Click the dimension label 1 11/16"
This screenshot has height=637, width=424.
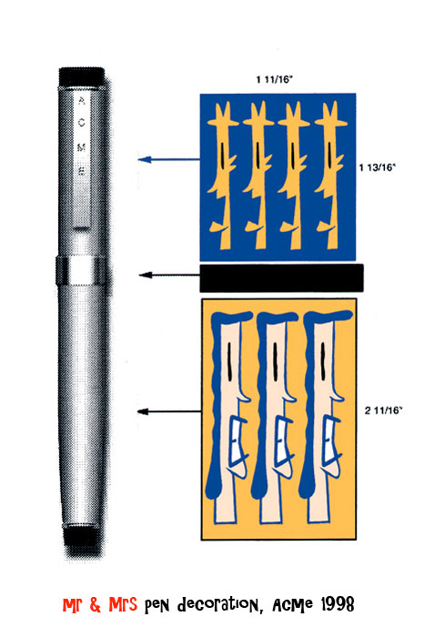(x=274, y=79)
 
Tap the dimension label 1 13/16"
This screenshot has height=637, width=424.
(x=378, y=167)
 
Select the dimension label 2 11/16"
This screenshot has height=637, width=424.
(x=383, y=409)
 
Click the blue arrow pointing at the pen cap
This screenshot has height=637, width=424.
(x=169, y=159)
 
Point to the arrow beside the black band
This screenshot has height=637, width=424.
(x=169, y=275)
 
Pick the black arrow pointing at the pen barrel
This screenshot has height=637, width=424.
(x=169, y=411)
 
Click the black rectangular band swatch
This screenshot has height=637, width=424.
(x=281, y=278)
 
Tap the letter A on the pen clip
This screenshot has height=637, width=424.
(x=82, y=100)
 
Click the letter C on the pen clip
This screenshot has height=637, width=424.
(x=82, y=122)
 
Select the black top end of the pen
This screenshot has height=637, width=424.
(x=82, y=76)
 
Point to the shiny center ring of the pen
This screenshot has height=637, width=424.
(x=83, y=270)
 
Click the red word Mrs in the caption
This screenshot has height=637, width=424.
(x=123, y=604)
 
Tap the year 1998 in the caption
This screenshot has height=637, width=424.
(x=338, y=604)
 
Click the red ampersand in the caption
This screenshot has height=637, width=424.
(x=95, y=604)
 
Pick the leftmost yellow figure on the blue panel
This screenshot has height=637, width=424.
(x=223, y=176)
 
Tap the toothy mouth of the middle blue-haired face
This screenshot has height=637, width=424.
(x=283, y=440)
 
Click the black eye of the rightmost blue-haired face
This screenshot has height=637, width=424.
(x=323, y=361)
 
